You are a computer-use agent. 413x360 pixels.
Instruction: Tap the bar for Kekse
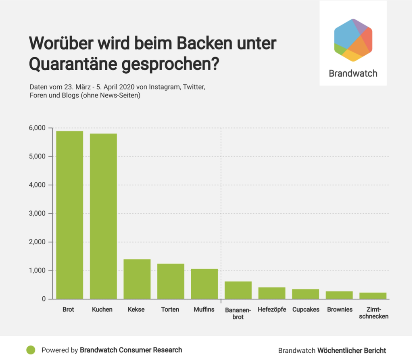click(x=137, y=279)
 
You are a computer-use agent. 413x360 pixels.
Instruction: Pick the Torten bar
click(x=171, y=281)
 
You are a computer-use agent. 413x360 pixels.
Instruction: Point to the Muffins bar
click(x=204, y=284)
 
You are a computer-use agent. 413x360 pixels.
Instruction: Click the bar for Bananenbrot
click(x=238, y=290)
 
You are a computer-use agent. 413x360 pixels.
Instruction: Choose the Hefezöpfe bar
click(x=272, y=293)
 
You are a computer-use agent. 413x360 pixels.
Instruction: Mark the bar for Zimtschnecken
click(x=373, y=296)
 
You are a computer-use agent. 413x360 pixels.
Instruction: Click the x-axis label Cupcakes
click(x=306, y=310)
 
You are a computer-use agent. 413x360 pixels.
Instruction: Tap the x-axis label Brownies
click(x=340, y=310)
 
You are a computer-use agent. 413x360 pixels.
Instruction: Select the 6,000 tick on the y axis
click(x=38, y=128)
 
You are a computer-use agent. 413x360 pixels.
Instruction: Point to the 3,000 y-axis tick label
click(x=38, y=214)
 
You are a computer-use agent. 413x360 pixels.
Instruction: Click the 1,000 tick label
click(x=38, y=271)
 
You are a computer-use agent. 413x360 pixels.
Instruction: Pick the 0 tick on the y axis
click(x=44, y=299)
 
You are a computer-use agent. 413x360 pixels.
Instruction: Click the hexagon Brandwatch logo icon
click(x=353, y=40)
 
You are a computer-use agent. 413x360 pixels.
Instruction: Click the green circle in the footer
click(x=31, y=350)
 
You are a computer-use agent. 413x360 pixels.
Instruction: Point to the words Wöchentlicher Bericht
click(x=352, y=350)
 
